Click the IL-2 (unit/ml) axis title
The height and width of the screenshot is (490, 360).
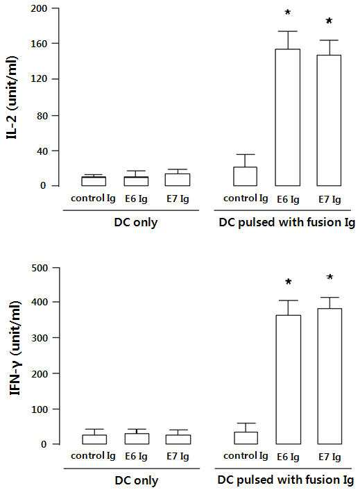pyautogui.click(x=12, y=97)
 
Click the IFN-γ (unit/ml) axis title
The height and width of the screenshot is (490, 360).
pyautogui.click(x=15, y=348)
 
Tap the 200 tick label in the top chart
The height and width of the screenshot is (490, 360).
pyautogui.click(x=39, y=8)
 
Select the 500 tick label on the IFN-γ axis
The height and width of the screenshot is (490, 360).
pyautogui.click(x=40, y=268)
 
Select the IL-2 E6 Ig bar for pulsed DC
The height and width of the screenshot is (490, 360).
pyautogui.click(x=288, y=117)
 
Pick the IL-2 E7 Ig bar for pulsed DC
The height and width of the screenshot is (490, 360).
pyautogui.click(x=329, y=120)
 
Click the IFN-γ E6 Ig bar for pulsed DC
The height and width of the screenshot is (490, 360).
pyautogui.click(x=288, y=380)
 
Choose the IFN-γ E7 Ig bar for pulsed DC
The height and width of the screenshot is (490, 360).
pyautogui.click(x=329, y=376)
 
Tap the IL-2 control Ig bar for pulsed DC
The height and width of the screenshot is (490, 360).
pyautogui.click(x=246, y=176)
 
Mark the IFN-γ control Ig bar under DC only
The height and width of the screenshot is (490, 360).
pyautogui.click(x=94, y=439)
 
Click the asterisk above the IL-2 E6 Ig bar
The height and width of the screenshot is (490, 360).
pyautogui.click(x=288, y=12)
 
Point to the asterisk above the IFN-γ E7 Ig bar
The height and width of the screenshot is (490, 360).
pyautogui.click(x=329, y=277)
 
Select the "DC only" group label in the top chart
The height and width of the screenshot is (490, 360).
pyautogui.click(x=136, y=223)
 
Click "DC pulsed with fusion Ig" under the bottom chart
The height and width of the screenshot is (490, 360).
pyautogui.click(x=286, y=480)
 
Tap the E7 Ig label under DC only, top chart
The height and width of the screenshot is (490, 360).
pyautogui.click(x=178, y=199)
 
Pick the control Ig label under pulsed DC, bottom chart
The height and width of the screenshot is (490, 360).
pyautogui.click(x=246, y=456)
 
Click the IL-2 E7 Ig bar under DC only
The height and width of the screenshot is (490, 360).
pyautogui.click(x=178, y=180)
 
